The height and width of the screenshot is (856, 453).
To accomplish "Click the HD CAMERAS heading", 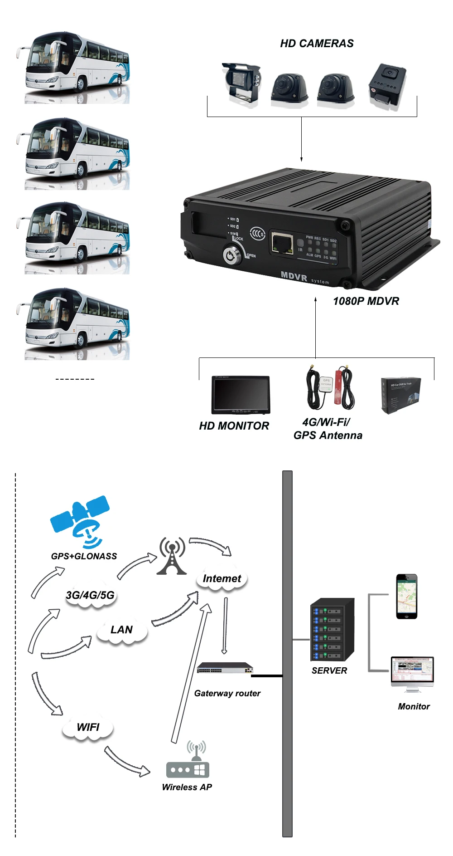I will (x=317, y=44).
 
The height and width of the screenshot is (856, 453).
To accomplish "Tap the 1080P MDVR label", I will (x=366, y=301).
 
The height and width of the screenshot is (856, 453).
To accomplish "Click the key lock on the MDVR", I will (x=231, y=255).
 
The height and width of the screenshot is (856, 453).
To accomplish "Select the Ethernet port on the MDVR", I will (x=282, y=243).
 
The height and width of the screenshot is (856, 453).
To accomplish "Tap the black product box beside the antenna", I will (x=400, y=395).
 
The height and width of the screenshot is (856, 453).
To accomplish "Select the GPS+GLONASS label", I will (x=84, y=556).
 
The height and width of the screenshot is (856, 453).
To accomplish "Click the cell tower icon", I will (x=172, y=556).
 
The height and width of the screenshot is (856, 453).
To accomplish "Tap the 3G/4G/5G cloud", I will (x=90, y=595).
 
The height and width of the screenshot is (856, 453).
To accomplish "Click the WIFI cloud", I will (x=88, y=727).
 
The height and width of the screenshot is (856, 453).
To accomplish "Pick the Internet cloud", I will (x=222, y=579).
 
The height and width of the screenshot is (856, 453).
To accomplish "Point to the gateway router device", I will (x=225, y=668).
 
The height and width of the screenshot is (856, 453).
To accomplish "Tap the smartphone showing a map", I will (x=406, y=596).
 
